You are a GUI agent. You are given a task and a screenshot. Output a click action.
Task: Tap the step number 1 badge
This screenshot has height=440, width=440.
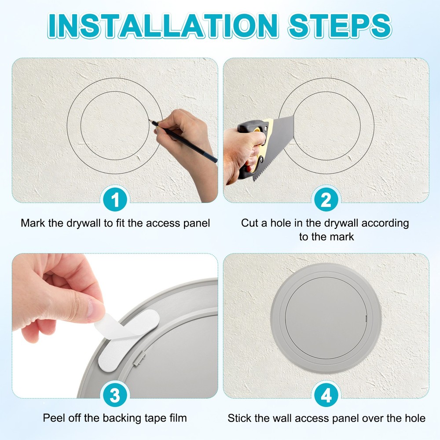point(115,201)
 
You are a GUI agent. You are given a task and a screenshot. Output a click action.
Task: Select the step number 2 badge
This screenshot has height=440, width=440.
point(326,201)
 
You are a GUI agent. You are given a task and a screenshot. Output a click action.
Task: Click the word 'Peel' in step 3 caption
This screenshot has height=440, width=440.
point(53,418)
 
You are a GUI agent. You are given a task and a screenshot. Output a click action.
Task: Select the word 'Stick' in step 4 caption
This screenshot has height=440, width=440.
point(239,418)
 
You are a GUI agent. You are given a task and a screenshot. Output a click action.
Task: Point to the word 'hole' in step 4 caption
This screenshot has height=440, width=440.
point(414,418)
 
